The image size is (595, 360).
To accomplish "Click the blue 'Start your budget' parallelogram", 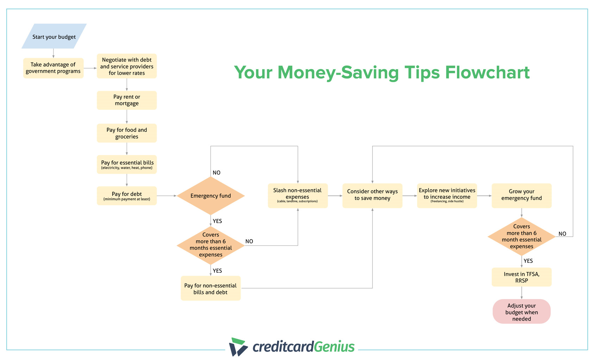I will click(54, 36).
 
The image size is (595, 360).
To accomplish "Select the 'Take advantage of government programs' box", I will click(53, 68).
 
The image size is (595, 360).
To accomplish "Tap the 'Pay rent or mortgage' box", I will click(127, 100).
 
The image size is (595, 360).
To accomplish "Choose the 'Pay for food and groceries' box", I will click(127, 133).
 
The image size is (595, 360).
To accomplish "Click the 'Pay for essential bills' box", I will click(127, 165).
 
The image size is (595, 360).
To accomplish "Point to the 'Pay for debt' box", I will click(127, 196).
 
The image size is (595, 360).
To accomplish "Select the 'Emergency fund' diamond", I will click(211, 196).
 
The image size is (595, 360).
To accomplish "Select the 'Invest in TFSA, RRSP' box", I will click(521, 277).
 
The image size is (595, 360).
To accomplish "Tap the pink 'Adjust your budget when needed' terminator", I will click(521, 312).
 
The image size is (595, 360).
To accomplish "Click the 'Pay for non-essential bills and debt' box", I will click(211, 288).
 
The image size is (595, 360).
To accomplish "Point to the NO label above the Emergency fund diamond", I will click(217, 173).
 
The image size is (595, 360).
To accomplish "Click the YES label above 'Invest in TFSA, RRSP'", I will click(528, 261).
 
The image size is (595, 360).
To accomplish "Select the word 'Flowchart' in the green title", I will click(487, 73).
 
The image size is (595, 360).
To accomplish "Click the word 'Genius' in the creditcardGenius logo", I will click(334, 347).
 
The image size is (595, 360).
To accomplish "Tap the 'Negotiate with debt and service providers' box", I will click(127, 66).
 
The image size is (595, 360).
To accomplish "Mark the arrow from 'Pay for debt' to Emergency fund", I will click(167, 196).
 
